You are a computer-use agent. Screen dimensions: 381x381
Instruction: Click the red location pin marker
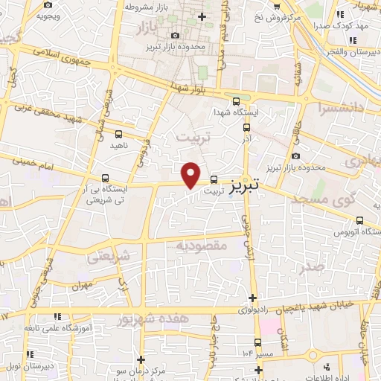click(191, 174)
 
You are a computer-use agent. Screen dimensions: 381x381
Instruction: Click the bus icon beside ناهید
click(119, 134)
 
